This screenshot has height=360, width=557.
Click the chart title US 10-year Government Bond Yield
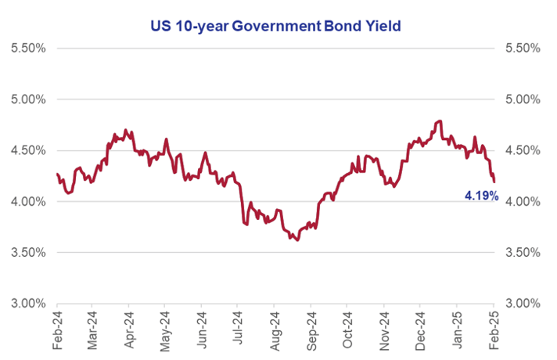click(275, 26)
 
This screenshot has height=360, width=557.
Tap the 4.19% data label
click(482, 195)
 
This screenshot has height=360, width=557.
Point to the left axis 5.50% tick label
click(28, 49)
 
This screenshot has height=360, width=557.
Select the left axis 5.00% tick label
click(28, 99)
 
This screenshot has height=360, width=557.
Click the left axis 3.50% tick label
click(28, 253)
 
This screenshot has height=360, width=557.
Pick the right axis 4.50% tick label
click(523, 151)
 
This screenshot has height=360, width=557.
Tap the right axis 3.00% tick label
click(523, 304)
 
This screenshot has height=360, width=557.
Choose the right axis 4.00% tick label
click(523, 202)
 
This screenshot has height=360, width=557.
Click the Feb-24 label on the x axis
click(57, 330)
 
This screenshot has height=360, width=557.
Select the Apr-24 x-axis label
click(129, 330)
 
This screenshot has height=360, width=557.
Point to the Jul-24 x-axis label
click(237, 329)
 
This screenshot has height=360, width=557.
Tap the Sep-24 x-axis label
click(311, 331)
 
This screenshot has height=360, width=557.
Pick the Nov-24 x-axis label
click(384, 331)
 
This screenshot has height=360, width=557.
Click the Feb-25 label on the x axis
click(494, 330)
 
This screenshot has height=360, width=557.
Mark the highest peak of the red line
click(440, 121)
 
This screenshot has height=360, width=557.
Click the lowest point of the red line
click(297, 240)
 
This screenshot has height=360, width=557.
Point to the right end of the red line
click(494, 182)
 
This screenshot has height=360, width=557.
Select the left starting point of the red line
click(57, 174)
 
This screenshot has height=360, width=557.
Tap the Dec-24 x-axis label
click(420, 331)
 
